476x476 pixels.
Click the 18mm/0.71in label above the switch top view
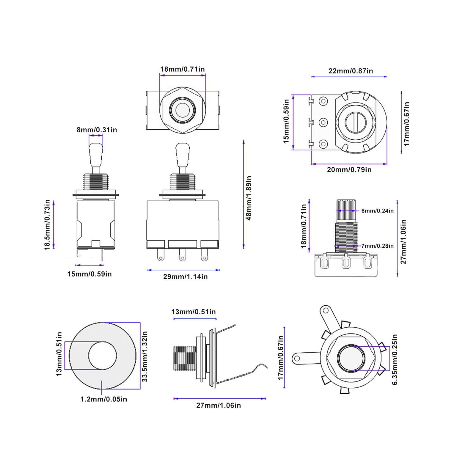point(183,69)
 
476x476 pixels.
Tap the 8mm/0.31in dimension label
point(97,130)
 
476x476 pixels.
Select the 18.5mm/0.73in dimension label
point(48,225)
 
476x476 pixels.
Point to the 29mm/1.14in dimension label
point(186,277)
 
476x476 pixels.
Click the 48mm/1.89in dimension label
point(249,198)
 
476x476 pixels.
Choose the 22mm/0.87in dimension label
point(351,71)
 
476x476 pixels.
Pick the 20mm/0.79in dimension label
point(349,169)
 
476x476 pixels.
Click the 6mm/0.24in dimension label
point(378,211)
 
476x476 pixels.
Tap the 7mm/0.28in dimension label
point(378,246)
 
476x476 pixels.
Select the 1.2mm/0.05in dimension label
point(104,399)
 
